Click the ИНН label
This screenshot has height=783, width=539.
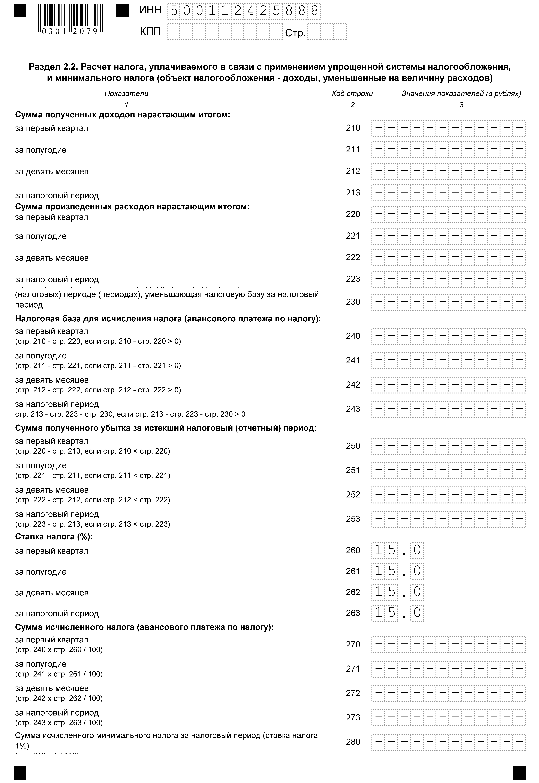pyautogui.click(x=150, y=10)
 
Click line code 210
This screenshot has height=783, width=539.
pyautogui.click(x=353, y=128)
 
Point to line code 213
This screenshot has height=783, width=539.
pyautogui.click(x=353, y=193)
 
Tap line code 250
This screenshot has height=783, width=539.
pyautogui.click(x=353, y=446)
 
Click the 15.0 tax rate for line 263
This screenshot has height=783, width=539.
pyautogui.click(x=397, y=613)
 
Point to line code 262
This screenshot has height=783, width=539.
pyautogui.click(x=353, y=592)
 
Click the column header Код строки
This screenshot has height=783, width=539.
pyautogui.click(x=352, y=94)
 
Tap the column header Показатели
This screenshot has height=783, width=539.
pyautogui.click(x=126, y=94)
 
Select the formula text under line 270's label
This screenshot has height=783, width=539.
pyautogui.click(x=59, y=650)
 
